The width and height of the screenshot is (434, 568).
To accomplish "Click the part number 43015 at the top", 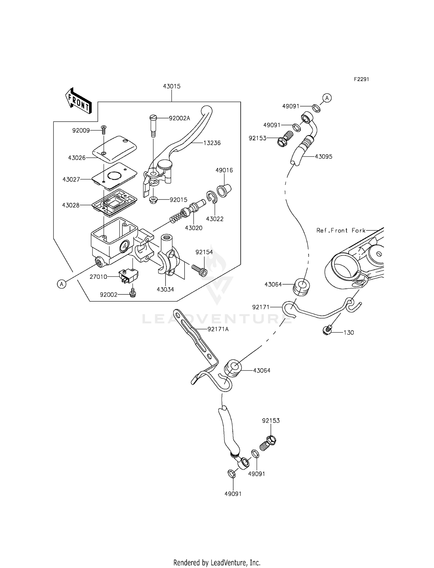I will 172,86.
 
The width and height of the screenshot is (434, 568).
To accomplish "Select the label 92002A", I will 179,118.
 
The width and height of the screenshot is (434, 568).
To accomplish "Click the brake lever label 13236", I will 212,143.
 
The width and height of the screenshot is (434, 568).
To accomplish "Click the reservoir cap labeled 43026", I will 115,149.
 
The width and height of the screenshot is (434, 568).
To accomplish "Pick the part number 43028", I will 71,205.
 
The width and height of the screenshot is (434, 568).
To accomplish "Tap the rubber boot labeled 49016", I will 224,190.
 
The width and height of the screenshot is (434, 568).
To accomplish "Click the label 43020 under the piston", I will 194,228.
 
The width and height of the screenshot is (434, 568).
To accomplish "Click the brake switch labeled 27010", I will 128,276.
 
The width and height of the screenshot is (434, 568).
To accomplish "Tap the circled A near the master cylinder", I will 61,284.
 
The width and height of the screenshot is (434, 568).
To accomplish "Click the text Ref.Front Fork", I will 341,230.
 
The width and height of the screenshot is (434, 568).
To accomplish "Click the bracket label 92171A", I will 218,329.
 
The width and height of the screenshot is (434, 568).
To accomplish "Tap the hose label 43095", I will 323,157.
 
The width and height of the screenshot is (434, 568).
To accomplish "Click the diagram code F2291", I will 361,79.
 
